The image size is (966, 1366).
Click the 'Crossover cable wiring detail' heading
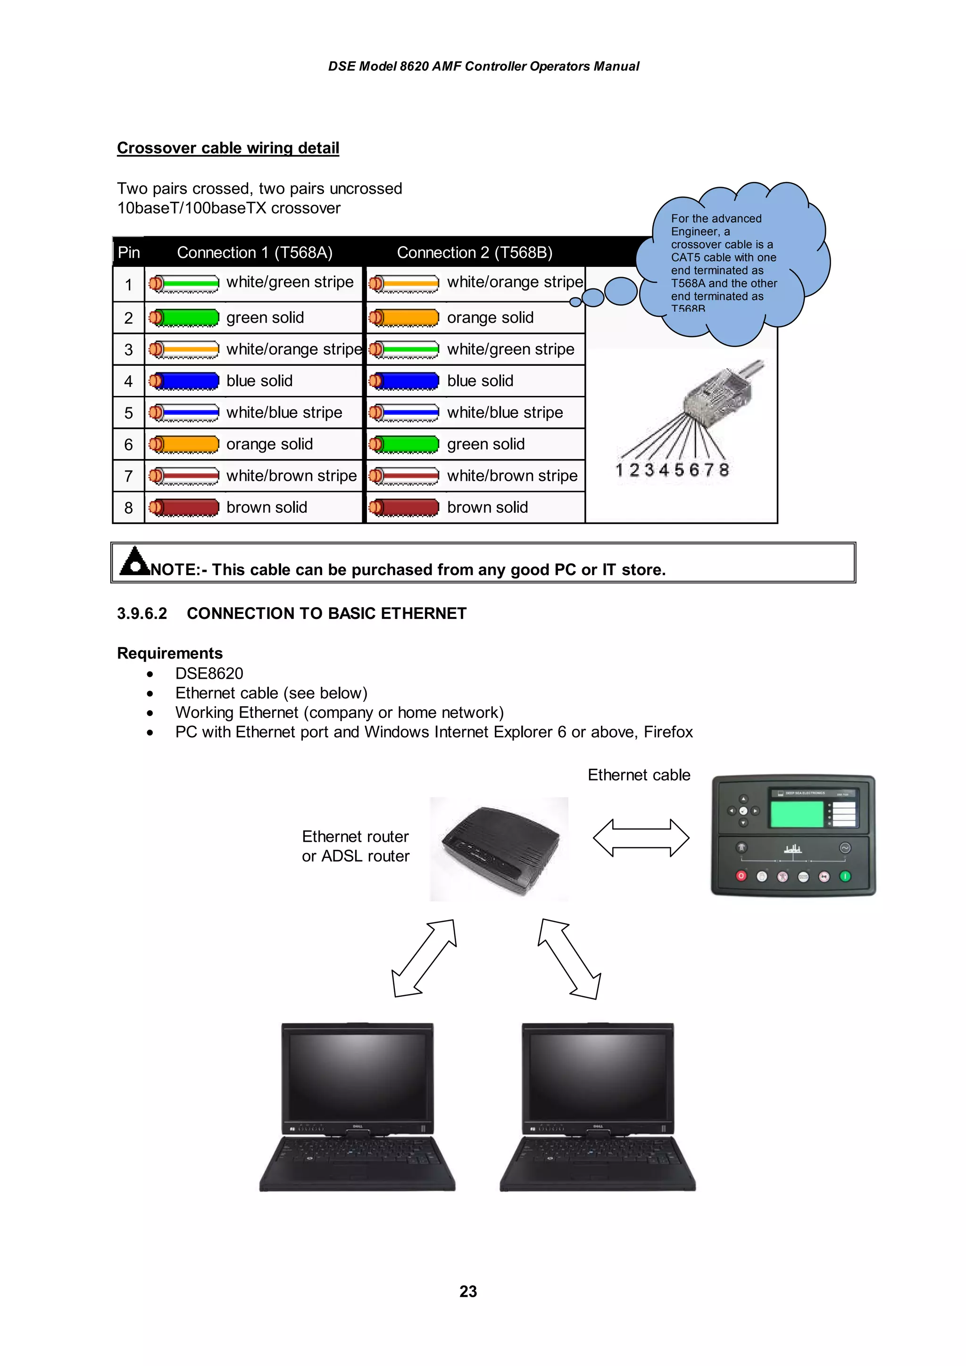coord(228,148)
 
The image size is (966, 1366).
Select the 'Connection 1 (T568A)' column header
coord(254,253)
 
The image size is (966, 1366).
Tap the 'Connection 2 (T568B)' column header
coord(475,253)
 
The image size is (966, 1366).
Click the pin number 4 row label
coord(129,381)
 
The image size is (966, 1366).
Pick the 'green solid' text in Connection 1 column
coord(265,318)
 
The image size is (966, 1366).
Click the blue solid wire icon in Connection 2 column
coord(404,381)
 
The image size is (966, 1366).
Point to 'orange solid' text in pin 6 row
coord(269,444)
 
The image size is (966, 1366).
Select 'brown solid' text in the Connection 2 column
coord(487,508)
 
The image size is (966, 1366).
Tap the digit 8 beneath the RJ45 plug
coord(723,470)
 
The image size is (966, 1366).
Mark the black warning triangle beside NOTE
coord(134,561)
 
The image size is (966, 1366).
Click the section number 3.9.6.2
coord(142,613)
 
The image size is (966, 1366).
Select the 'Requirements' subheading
coord(170,653)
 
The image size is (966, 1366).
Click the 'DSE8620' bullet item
coord(209,674)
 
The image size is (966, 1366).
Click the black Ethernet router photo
coord(499,849)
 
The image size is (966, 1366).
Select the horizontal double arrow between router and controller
coord(641,838)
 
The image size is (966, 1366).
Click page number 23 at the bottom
coord(468,1292)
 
